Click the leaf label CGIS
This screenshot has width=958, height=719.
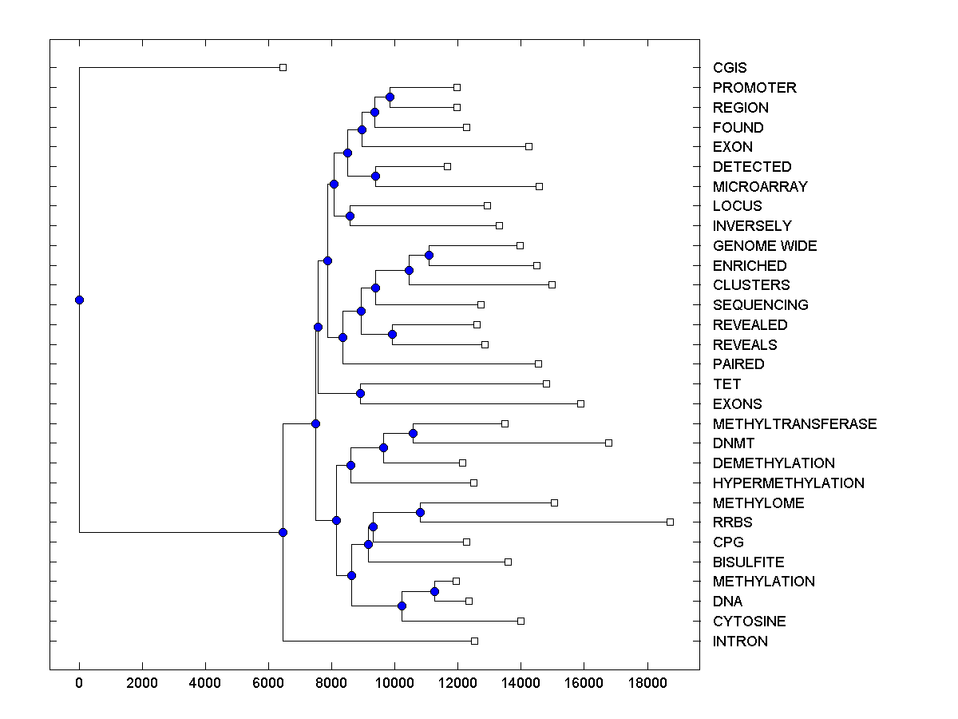730,69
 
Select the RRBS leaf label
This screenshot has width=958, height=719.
732,522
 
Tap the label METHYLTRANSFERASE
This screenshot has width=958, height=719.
794,424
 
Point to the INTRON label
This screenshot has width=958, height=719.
740,642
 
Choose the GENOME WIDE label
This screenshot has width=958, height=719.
765,246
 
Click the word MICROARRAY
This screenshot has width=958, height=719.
760,187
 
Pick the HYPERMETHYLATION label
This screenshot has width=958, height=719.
788,483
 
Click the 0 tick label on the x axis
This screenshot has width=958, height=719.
79,681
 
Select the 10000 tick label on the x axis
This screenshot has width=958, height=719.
394,681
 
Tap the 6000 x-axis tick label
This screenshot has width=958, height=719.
268,681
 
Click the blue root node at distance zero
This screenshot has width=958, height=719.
79,300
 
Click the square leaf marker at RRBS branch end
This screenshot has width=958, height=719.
670,522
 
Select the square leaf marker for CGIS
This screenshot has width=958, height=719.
283,68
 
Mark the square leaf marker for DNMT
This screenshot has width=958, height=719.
608,443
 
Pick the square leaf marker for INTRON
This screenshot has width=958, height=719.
474,641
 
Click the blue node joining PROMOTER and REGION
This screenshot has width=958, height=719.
390,97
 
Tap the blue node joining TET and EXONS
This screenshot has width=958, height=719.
360,393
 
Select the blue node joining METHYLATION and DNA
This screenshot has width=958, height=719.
434,591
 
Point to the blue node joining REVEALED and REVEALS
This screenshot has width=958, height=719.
392,334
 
